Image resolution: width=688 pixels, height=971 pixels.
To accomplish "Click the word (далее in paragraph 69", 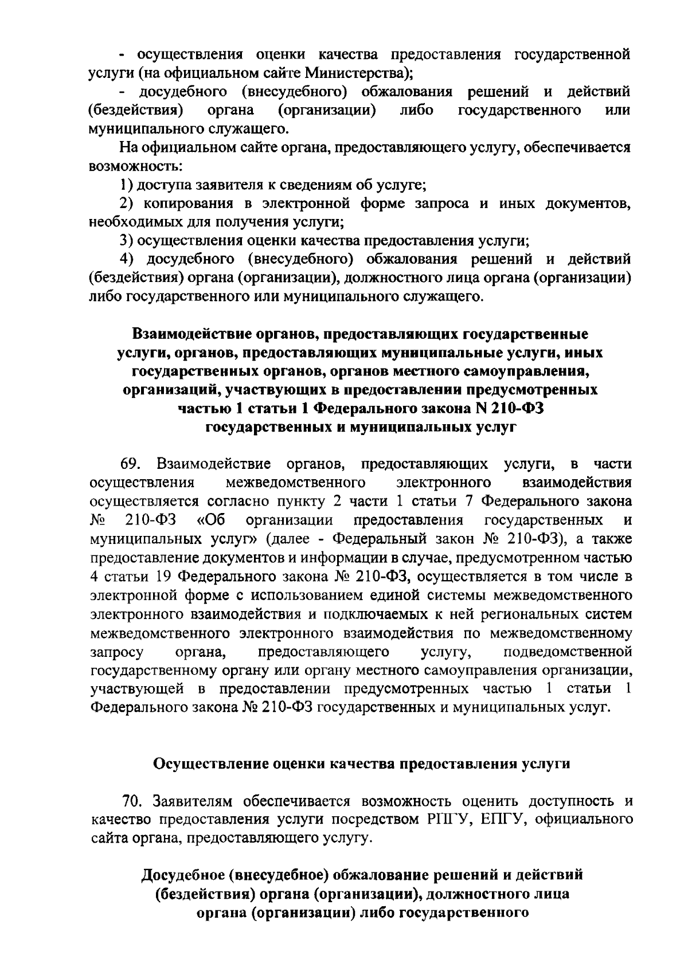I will tap(292, 539).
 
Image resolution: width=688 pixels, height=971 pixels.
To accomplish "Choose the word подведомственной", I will tap(567, 652).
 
